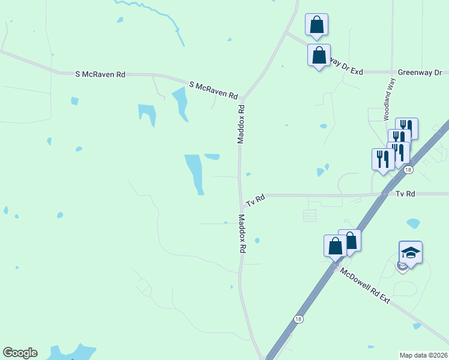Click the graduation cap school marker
click(411, 252)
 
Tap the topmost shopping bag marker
click(316, 25)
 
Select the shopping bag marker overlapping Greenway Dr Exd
click(319, 55)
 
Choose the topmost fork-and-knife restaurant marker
click(406, 128)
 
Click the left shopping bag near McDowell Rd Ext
click(335, 245)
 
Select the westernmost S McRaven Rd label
click(100, 74)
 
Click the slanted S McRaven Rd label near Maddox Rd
click(214, 91)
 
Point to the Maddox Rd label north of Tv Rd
click(241, 125)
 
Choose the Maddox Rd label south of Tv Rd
click(243, 233)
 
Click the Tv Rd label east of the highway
click(406, 194)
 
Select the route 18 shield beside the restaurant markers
click(408, 170)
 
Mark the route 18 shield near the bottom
click(298, 319)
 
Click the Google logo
click(20, 353)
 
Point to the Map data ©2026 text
click(424, 355)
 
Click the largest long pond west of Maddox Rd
click(194, 172)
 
